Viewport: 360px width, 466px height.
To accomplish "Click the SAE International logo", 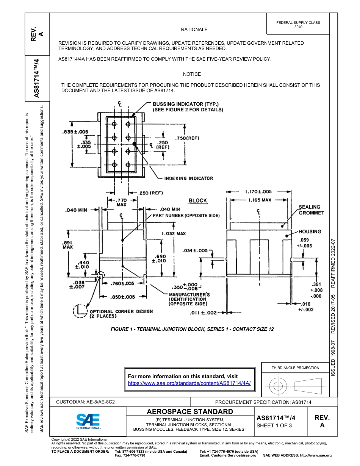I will [88, 421].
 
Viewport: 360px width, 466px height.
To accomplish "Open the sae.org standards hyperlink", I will [189, 383].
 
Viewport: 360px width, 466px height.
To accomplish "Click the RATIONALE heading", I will [194, 30].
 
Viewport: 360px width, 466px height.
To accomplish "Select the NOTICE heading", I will [192, 74].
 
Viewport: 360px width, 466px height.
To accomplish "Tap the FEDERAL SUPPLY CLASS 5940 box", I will [298, 25].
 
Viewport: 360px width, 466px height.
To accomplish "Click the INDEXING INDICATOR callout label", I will [188, 178].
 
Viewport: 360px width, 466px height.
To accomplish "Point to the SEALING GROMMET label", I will [311, 210].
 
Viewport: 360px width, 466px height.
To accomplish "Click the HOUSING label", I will [310, 231].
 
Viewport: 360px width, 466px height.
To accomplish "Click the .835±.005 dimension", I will [75, 132].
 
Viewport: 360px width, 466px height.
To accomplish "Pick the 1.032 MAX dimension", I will [174, 234].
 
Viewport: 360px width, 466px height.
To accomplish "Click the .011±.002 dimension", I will [203, 313].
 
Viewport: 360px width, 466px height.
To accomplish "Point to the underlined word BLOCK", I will [198, 200].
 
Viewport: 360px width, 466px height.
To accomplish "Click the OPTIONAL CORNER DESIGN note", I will [121, 313].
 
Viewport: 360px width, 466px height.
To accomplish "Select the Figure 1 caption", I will [192, 329].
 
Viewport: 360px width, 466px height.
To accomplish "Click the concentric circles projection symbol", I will [278, 386].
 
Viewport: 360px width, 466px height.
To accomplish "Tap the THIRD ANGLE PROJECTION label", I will [295, 367].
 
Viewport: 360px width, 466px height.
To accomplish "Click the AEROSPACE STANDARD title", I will [190, 411].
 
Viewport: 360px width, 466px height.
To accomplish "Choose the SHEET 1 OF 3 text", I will [274, 425].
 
